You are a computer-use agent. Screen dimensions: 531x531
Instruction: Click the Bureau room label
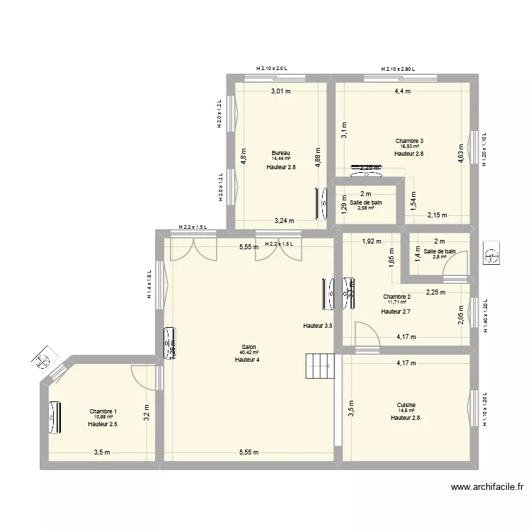281,153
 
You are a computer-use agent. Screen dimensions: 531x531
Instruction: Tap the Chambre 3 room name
409,141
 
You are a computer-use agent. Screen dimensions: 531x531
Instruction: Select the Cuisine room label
406,405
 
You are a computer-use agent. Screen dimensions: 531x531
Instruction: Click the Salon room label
248,347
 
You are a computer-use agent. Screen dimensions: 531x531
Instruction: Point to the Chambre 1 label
103,411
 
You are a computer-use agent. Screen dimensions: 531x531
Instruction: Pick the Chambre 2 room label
396,297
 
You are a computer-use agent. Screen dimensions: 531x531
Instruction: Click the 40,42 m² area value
248,353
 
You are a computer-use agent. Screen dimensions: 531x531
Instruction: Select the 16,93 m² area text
409,147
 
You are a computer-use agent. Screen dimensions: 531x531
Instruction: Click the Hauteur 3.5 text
317,326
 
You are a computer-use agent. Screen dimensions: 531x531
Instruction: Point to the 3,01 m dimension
280,91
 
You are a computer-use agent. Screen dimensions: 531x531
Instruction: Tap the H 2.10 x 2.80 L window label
398,69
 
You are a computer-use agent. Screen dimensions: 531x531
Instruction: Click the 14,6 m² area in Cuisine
406,411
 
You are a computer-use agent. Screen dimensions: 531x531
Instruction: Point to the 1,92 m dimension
371,242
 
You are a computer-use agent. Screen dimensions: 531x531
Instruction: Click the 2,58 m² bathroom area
365,208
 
